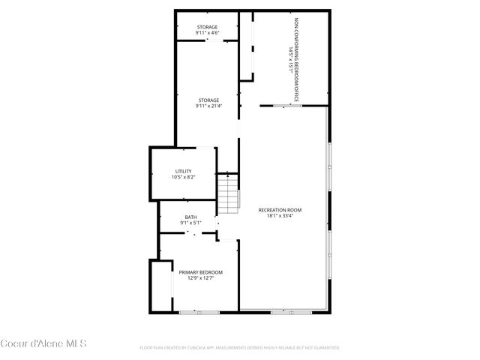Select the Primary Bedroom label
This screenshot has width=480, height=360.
pos(200,272)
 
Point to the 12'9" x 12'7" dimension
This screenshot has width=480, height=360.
pos(200,278)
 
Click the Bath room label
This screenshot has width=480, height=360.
pos(191,217)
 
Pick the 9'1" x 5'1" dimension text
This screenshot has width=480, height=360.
pos(191,223)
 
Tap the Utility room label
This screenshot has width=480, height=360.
pos(183,171)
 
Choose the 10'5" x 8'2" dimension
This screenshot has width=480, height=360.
pos(183,177)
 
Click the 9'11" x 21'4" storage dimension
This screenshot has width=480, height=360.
pos(208,106)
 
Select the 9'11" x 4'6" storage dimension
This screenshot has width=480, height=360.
pos(207,33)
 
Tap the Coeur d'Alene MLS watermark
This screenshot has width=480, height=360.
pos(43,344)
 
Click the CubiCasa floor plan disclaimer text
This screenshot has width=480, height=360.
pos(240,348)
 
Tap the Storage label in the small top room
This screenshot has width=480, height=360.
pos(207,27)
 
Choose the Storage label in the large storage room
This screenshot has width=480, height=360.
pos(208,100)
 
